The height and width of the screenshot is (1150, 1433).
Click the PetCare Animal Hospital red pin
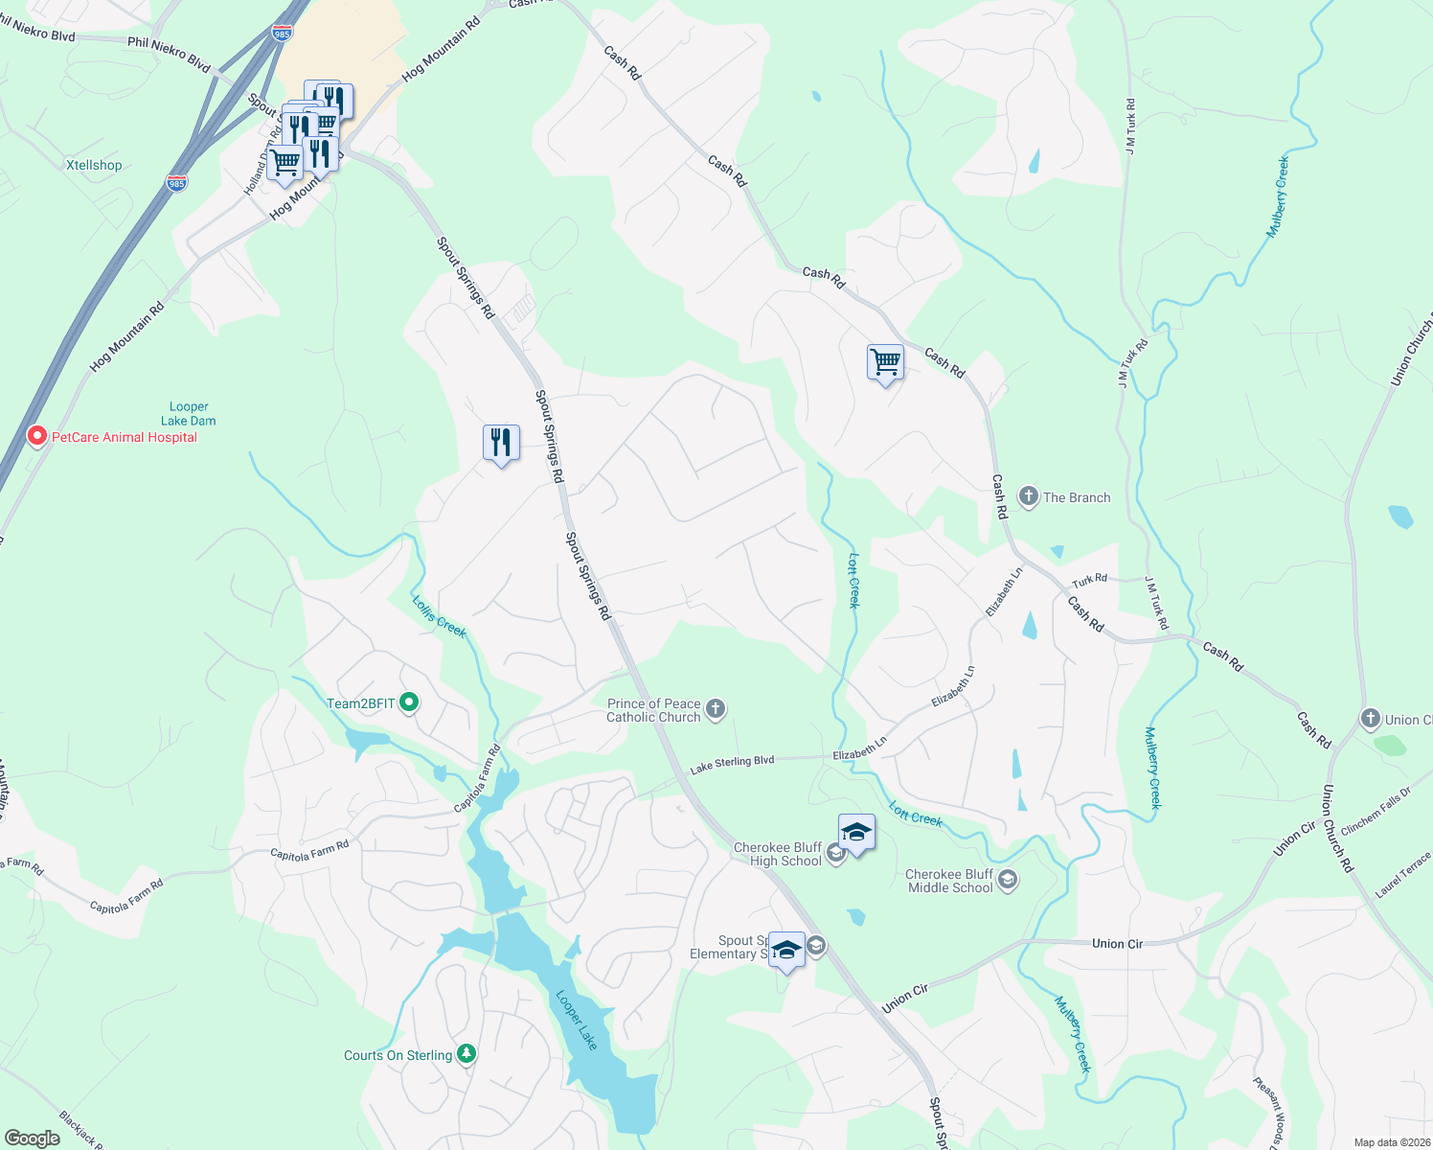point(37,437)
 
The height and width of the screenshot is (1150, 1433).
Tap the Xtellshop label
point(94,165)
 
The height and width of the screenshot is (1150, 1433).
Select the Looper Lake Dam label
point(189,414)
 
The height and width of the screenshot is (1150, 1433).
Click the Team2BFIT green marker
point(409,702)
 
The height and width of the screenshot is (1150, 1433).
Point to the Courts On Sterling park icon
point(466,1054)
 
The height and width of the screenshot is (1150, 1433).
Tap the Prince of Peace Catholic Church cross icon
point(716,709)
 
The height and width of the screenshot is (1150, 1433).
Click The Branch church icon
point(1029,496)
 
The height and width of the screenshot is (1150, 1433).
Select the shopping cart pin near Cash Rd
point(885,363)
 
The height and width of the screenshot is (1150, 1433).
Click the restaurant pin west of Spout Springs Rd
point(501,443)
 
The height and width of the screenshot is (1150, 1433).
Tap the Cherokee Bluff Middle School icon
point(1007,880)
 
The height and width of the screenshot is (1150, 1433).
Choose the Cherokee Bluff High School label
point(778,854)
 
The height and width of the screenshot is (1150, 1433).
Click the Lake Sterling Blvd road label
point(732,764)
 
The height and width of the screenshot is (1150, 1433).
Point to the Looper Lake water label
point(577,1020)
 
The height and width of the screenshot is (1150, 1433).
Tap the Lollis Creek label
point(439,617)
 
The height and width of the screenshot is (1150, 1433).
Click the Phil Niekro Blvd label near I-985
point(169,54)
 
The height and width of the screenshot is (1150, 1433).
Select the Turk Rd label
point(1089,580)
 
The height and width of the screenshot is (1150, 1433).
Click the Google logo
point(33,1138)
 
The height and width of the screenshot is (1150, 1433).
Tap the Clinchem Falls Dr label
point(1376,811)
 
